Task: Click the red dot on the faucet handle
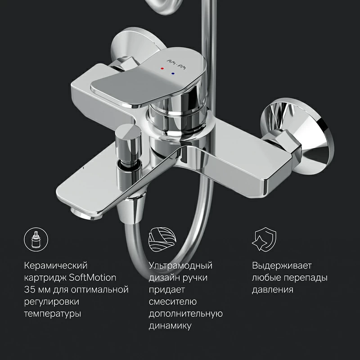(x=163, y=68)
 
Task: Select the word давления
(x=273, y=289)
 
